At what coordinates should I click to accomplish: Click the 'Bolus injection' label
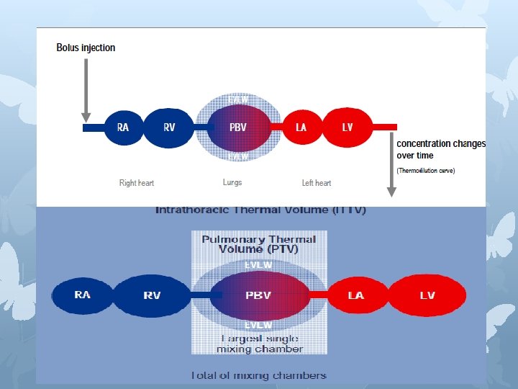click(86, 48)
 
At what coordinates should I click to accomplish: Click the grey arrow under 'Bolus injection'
click(86, 91)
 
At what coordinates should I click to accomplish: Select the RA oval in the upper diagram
click(123, 128)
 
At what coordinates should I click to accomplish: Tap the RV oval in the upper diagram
click(169, 128)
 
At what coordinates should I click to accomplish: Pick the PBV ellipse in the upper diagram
click(238, 128)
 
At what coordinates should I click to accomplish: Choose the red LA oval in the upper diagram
click(301, 128)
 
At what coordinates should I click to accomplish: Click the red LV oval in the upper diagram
click(347, 128)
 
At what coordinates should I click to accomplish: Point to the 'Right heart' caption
click(137, 183)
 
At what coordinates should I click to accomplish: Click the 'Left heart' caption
click(317, 183)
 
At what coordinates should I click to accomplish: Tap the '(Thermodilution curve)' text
click(426, 171)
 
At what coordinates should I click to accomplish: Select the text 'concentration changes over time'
click(440, 149)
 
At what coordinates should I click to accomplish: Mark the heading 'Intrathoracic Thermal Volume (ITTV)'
click(260, 210)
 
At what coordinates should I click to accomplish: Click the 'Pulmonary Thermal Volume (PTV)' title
click(259, 243)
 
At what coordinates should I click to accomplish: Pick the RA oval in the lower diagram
click(82, 295)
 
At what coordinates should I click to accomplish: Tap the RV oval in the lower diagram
click(152, 295)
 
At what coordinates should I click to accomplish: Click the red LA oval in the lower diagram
click(355, 295)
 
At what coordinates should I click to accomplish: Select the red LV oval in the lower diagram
click(427, 295)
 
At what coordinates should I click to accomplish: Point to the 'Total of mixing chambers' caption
click(259, 375)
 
